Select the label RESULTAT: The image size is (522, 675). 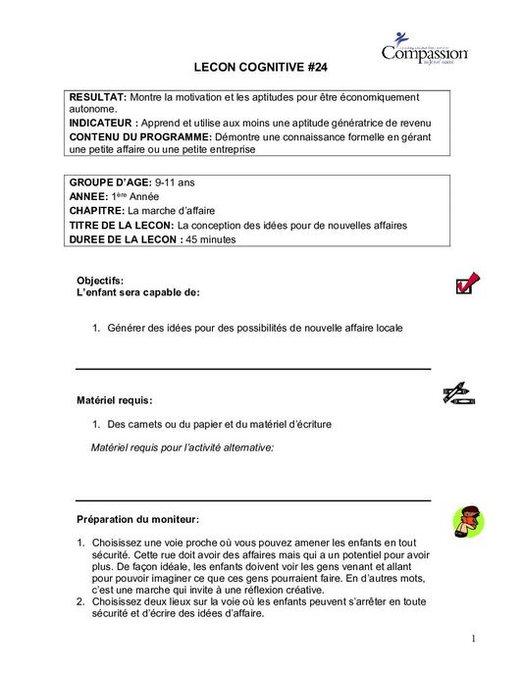98,99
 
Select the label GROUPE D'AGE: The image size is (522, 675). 109,182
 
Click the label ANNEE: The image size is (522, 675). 89,196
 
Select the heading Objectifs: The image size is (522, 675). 100,281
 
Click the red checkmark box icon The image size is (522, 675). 466,284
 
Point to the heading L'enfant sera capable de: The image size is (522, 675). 137,292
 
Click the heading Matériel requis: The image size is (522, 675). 115,400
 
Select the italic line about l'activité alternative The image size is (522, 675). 182,446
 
